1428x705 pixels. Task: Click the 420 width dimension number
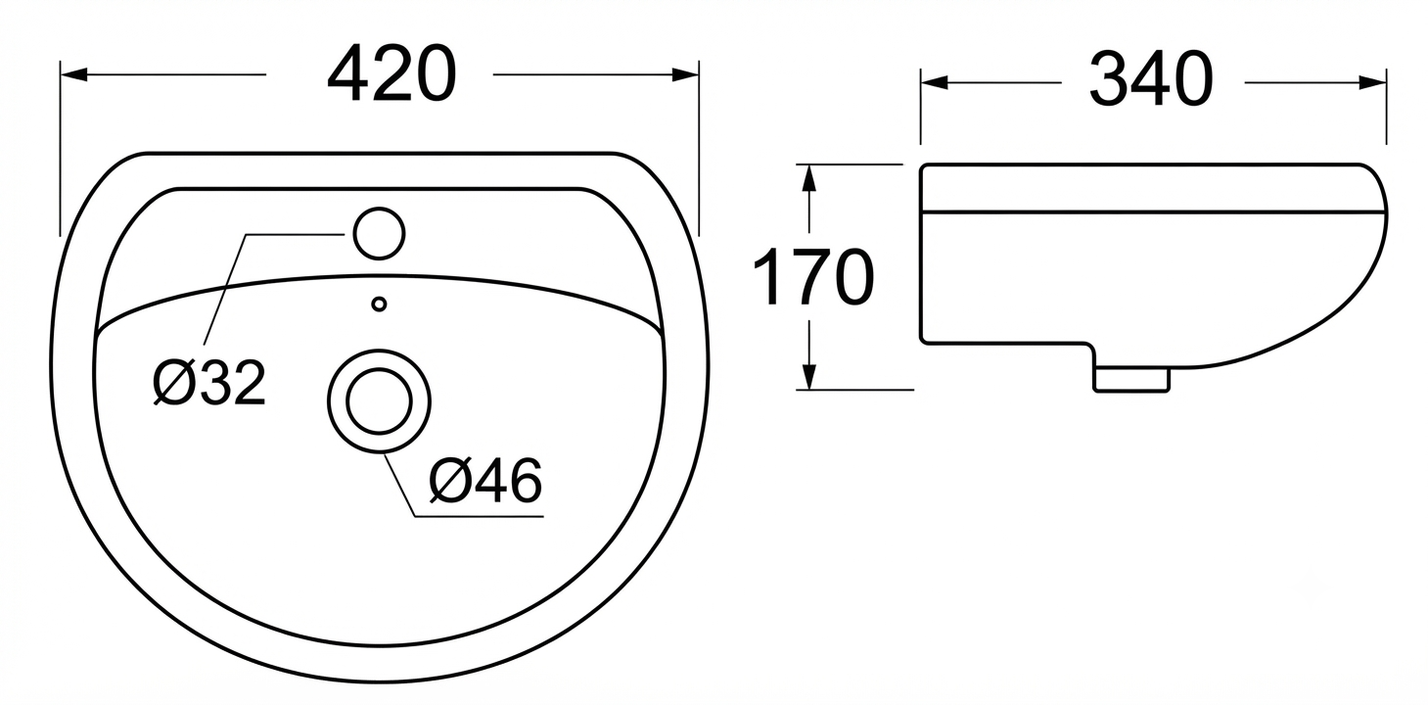[392, 74]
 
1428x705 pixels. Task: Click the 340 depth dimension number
[1151, 79]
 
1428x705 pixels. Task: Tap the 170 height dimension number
[813, 277]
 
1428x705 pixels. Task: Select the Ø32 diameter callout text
[209, 383]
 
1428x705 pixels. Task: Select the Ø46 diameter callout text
[485, 480]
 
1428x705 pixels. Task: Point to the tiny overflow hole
[380, 305]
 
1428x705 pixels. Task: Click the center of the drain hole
[380, 401]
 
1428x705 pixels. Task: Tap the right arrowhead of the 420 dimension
[685, 74]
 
